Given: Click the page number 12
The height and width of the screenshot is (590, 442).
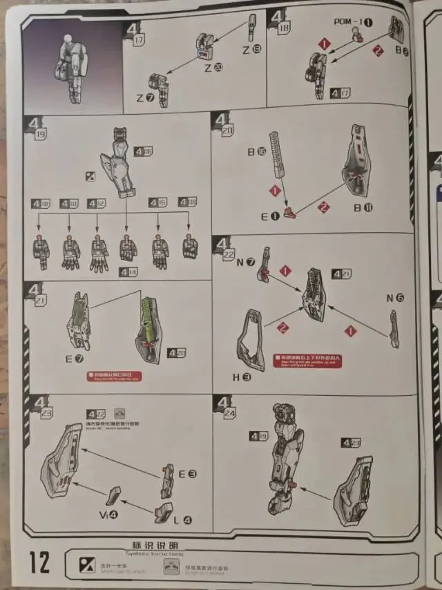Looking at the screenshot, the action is click(40, 562).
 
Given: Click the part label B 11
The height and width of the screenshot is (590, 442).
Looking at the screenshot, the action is click(363, 207).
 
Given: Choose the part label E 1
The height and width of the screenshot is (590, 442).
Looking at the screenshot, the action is click(269, 216).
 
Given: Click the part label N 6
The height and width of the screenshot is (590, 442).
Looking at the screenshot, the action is click(395, 298).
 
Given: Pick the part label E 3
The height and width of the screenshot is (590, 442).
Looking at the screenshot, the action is click(187, 474).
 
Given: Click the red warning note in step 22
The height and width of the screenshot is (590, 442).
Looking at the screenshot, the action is click(307, 360).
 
